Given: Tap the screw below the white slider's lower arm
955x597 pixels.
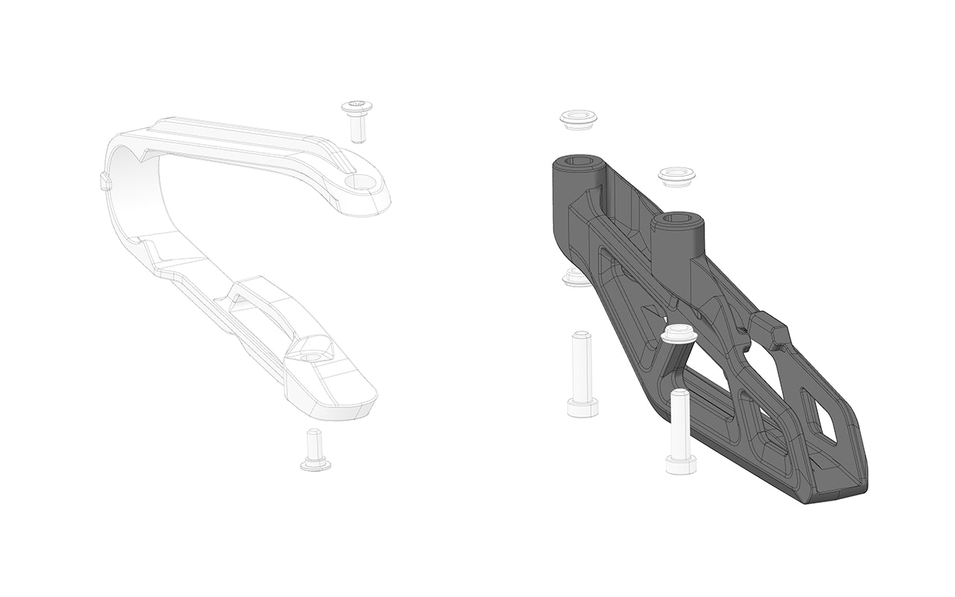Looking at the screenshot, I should tap(315, 451).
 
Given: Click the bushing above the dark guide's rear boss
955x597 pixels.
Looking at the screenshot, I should tap(580, 119).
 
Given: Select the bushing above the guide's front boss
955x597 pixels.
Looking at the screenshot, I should tap(676, 176).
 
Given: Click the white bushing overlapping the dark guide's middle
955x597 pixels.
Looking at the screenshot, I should tap(679, 334).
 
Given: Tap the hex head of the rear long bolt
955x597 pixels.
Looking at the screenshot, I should tap(583, 407).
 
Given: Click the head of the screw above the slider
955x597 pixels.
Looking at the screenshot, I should tap(357, 107).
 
